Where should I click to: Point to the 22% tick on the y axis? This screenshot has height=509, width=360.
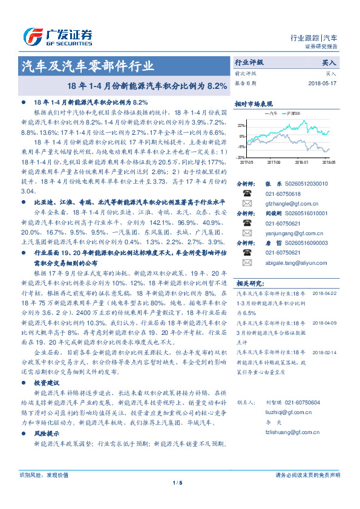point(241,125)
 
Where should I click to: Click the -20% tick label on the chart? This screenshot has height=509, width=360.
point(241,157)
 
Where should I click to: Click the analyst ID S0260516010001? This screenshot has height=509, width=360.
point(306,213)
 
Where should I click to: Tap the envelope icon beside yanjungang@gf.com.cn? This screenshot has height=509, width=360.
point(246,233)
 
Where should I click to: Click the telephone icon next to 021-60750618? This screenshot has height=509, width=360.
point(246,193)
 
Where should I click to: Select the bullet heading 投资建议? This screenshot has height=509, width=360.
point(46,383)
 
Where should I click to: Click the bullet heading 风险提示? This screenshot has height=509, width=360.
point(46,434)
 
